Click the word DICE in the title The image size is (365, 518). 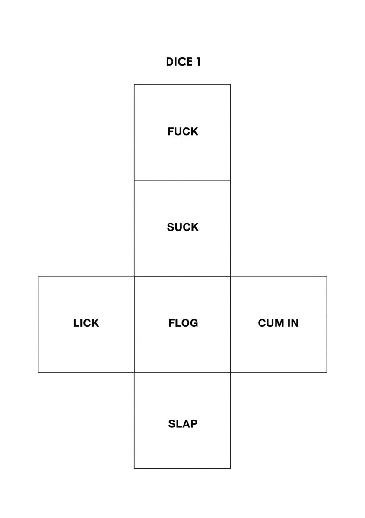point(179,62)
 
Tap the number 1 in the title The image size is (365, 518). point(198,62)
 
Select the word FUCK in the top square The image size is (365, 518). point(183,131)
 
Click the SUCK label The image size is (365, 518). point(183,227)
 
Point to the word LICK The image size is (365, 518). point(86,323)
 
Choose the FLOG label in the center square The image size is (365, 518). point(183,323)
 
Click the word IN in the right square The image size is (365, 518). point(293,323)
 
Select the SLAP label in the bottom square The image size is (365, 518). point(183,424)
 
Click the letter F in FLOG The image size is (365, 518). point(171,323)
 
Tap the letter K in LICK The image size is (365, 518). point(95,323)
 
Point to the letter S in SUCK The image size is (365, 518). point(170,227)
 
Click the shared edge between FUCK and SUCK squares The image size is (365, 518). point(182,180)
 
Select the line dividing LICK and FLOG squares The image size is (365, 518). point(134,324)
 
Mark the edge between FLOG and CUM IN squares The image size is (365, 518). point(231,324)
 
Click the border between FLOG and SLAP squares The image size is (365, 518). point(182,372)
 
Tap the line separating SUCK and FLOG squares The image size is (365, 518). point(182,276)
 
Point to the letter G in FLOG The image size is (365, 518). point(194,323)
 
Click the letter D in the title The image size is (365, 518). point(170,62)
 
